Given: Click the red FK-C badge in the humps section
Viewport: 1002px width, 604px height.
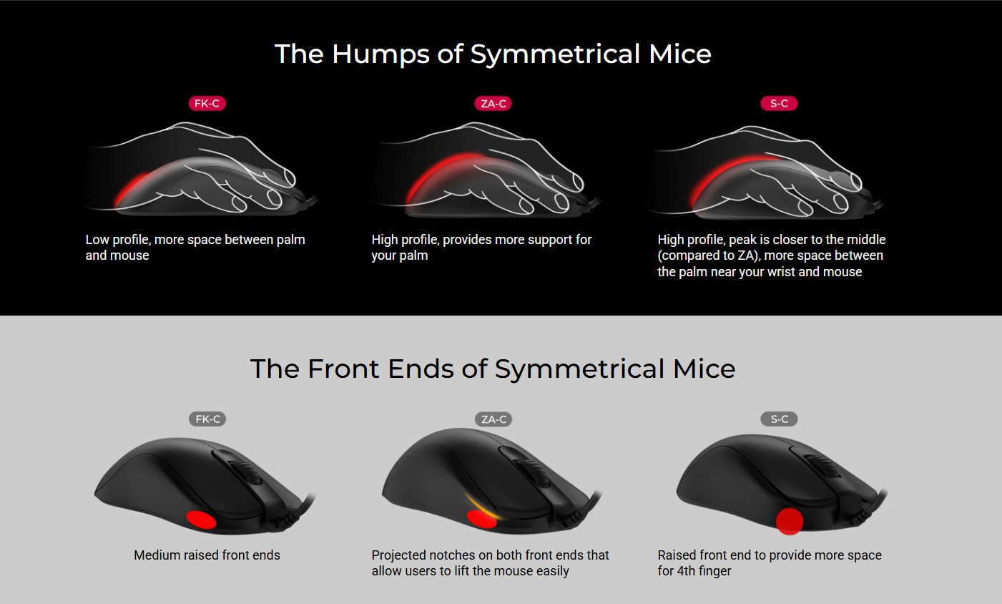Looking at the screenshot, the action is pyautogui.click(x=207, y=104).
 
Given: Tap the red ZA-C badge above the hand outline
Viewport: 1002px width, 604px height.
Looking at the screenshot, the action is pyautogui.click(x=493, y=104).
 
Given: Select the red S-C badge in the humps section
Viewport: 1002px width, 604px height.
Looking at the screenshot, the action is pyautogui.click(x=779, y=104).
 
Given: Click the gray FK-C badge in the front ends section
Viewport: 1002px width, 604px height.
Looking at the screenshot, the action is pyautogui.click(x=207, y=419).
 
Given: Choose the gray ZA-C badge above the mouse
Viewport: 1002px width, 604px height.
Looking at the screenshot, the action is pyautogui.click(x=493, y=419).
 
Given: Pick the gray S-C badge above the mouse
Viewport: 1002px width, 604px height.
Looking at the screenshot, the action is pyautogui.click(x=779, y=419).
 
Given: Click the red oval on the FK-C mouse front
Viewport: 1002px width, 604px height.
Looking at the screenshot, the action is pyautogui.click(x=201, y=520).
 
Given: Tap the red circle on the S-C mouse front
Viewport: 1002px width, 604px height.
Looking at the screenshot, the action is pyautogui.click(x=790, y=521).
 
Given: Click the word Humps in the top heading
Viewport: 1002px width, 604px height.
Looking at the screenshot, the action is pyautogui.click(x=380, y=54).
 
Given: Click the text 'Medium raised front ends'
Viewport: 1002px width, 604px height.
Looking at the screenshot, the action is pyautogui.click(x=207, y=555).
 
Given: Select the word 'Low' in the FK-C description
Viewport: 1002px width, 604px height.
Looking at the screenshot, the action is pyautogui.click(x=97, y=240).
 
